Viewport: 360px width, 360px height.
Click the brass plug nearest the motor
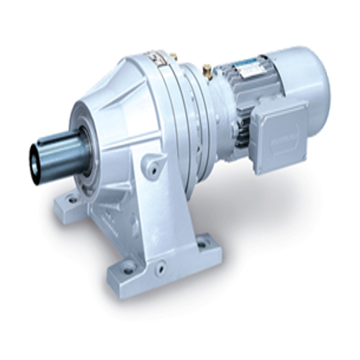point(207,71)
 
